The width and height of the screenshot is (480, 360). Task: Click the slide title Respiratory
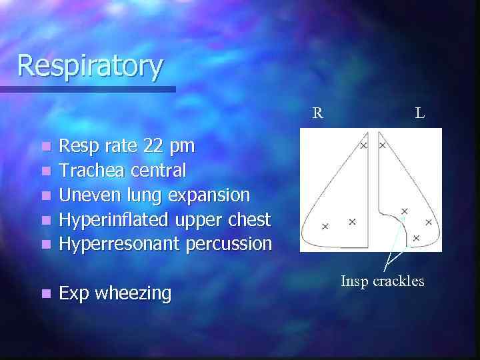(89, 66)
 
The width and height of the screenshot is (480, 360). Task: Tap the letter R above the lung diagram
(318, 113)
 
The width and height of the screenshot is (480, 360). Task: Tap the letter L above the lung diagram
(419, 113)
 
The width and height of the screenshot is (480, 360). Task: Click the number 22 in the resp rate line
(157, 145)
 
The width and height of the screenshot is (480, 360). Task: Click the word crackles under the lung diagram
(398, 281)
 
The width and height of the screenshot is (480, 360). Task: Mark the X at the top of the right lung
(363, 145)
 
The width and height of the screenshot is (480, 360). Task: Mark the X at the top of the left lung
(383, 145)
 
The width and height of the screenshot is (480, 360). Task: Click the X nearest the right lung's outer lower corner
(325, 227)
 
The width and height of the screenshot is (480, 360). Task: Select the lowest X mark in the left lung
(416, 237)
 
